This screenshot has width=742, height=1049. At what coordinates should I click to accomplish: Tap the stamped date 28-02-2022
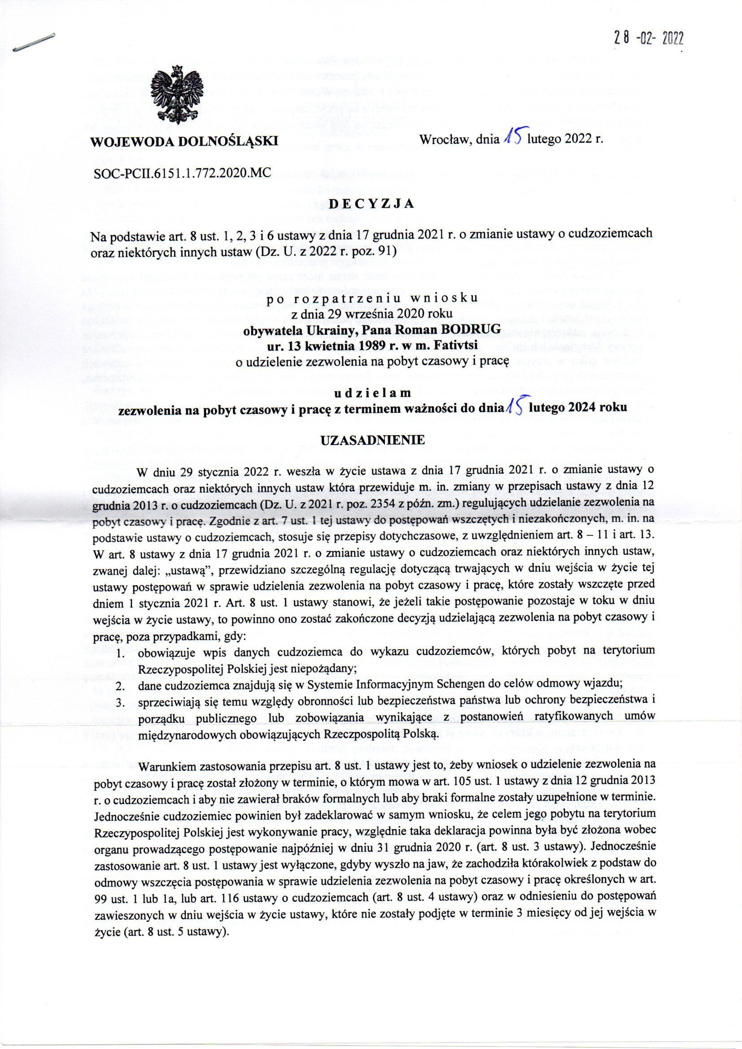pyautogui.click(x=648, y=39)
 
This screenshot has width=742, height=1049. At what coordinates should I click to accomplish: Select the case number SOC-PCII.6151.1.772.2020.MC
pyautogui.click(x=182, y=172)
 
